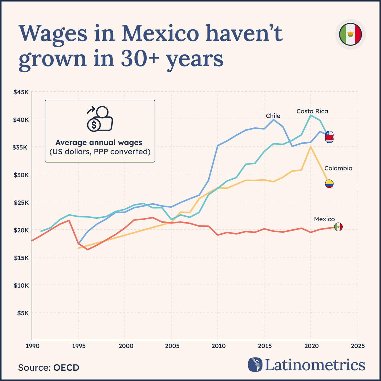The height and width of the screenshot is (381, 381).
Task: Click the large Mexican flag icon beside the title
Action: click(x=350, y=34)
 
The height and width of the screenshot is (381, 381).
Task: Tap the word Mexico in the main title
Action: click(x=160, y=33)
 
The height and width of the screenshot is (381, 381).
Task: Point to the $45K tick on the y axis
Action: click(x=21, y=92)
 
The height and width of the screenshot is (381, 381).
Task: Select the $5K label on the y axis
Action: click(x=22, y=313)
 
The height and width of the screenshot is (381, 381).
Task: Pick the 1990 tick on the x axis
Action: click(x=32, y=346)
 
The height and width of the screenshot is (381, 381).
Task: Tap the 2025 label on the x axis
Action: click(x=357, y=346)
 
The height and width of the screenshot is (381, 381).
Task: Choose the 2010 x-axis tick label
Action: click(x=218, y=346)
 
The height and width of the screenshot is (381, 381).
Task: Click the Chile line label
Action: click(x=273, y=116)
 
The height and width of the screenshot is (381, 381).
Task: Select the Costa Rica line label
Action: click(x=312, y=111)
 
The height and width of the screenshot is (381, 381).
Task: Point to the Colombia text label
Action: click(x=338, y=168)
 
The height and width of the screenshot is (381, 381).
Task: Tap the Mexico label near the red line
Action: click(x=324, y=219)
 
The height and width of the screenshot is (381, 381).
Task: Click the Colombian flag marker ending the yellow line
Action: click(x=329, y=184)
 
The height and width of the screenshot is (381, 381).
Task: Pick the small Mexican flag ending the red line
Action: click(x=338, y=227)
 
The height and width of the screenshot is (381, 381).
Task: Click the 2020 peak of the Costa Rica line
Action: click(x=311, y=115)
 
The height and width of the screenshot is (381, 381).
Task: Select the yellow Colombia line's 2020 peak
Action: click(x=311, y=147)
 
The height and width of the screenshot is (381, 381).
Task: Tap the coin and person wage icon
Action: click(x=100, y=119)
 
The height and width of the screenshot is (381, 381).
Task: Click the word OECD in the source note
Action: click(x=66, y=368)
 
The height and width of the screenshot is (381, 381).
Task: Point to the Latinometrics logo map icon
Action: click(x=255, y=364)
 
